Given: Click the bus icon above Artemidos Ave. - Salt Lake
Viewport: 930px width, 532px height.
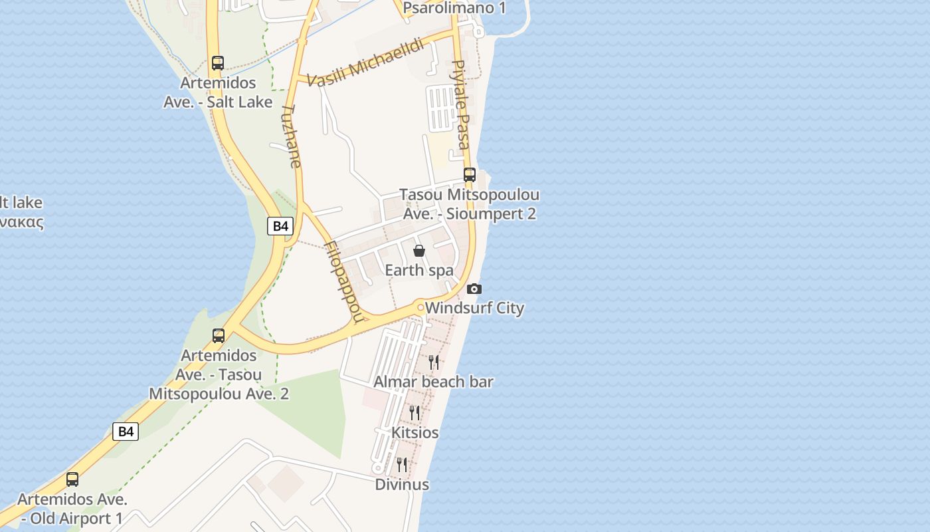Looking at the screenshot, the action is tap(217, 63).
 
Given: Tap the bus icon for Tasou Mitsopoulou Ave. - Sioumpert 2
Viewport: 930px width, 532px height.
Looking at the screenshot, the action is tap(470, 175).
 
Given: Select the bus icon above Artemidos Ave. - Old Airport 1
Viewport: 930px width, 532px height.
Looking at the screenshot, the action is tap(72, 479).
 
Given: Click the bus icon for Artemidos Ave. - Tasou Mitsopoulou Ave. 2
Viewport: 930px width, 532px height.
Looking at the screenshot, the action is tap(219, 336).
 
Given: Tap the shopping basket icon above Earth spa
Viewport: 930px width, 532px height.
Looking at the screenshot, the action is tap(419, 251).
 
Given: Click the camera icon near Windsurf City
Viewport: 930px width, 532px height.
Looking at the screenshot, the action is tap(474, 289).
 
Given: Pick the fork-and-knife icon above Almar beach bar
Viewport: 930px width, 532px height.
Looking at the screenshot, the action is tap(433, 362).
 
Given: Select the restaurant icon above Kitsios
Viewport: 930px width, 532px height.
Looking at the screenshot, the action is tap(415, 413).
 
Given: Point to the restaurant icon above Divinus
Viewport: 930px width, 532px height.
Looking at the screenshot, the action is tap(401, 464).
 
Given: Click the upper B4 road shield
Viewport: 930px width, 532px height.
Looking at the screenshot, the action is tap(280, 226).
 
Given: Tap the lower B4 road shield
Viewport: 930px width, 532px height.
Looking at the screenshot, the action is tap(126, 432).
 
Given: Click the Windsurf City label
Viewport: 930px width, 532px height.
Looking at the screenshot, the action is tap(475, 308).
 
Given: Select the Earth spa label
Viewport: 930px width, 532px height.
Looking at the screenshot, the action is tap(419, 270).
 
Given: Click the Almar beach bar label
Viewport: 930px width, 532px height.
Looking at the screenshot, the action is tap(433, 382).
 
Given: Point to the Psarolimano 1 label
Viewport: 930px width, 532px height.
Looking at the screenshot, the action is tap(454, 8).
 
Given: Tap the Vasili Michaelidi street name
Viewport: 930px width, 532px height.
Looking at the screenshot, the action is tap(365, 63).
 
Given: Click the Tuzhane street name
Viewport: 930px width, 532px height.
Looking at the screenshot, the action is tap(291, 136).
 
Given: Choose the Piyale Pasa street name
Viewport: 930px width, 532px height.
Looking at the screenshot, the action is tap(460, 104).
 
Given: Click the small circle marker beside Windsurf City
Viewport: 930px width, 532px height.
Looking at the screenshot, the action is tap(420, 307).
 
